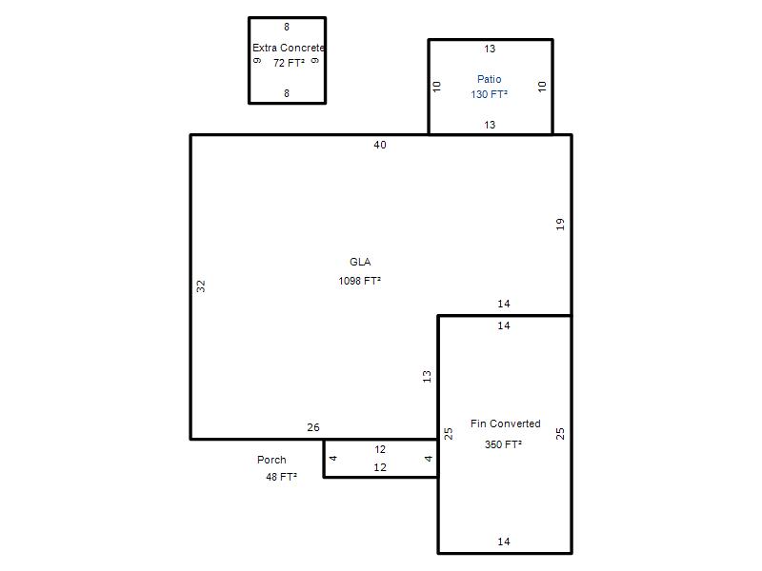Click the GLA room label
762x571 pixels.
click(360, 262)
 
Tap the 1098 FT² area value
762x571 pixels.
click(360, 281)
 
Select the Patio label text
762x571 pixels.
click(489, 79)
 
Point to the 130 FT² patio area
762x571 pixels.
click(489, 94)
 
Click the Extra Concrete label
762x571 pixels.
click(289, 48)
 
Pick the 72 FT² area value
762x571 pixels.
click(289, 63)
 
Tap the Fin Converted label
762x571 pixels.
click(506, 423)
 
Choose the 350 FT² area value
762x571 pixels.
click(504, 444)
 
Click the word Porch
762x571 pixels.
click(271, 460)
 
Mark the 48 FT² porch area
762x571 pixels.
click(281, 477)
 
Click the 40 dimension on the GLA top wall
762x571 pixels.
click(380, 145)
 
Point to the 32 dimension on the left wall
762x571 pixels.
click(201, 286)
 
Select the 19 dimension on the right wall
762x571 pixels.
click(560, 224)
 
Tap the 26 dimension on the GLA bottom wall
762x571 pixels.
click(313, 427)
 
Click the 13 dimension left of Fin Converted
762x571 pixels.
click(427, 376)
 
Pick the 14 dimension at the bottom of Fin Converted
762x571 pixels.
click(504, 541)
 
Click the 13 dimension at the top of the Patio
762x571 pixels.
click(490, 49)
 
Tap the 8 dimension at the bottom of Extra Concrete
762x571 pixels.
click(287, 93)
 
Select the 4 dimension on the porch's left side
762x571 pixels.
click(333, 458)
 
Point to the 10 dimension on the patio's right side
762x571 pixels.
click(542, 87)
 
